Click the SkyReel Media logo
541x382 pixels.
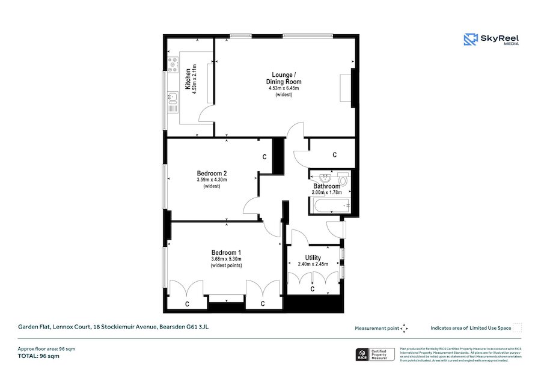tap(491, 40)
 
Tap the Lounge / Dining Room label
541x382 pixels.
tap(284, 77)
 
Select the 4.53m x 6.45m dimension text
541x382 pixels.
tap(284, 89)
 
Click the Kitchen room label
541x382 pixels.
tap(188, 79)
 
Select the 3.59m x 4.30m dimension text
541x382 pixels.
tap(212, 180)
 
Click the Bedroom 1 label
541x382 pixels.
tap(226, 252)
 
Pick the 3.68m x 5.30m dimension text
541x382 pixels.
tap(226, 259)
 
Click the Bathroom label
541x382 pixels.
tap(326, 186)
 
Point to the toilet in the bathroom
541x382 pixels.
tap(343, 179)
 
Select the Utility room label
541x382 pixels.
tap(313, 258)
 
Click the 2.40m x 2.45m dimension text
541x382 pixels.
tap(313, 264)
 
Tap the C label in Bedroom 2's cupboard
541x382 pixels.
tap(264, 157)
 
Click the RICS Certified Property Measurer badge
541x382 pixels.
tap(374, 354)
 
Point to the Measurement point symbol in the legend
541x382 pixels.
tap(404, 328)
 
